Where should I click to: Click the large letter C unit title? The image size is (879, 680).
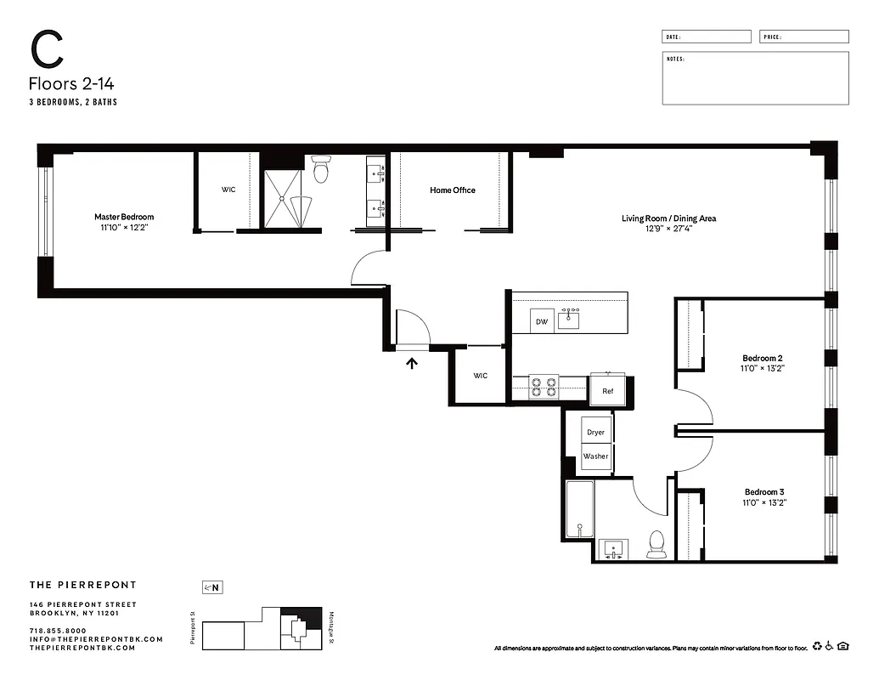point(48,51)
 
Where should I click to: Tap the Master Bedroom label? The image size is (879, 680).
point(124,217)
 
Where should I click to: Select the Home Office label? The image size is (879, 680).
point(452,190)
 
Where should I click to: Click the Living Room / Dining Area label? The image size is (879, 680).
point(668,218)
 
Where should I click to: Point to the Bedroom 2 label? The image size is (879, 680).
point(763,358)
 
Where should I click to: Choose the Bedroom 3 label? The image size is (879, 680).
point(763,492)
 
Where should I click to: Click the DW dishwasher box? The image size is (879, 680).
point(541,322)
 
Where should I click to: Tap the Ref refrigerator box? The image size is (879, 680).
point(607,391)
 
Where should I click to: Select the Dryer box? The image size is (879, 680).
point(595,432)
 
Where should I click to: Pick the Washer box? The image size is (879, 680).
point(595,456)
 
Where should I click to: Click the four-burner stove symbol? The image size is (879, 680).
point(544,388)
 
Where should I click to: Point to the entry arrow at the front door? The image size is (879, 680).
point(413,364)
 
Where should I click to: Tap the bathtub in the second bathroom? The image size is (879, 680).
point(580,508)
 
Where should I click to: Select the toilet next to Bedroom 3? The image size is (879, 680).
point(656,545)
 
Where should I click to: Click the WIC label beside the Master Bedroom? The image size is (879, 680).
point(228,190)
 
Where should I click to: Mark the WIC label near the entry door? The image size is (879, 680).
point(480,376)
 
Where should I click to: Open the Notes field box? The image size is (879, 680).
point(754,78)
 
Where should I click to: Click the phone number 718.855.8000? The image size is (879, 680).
point(57,631)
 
